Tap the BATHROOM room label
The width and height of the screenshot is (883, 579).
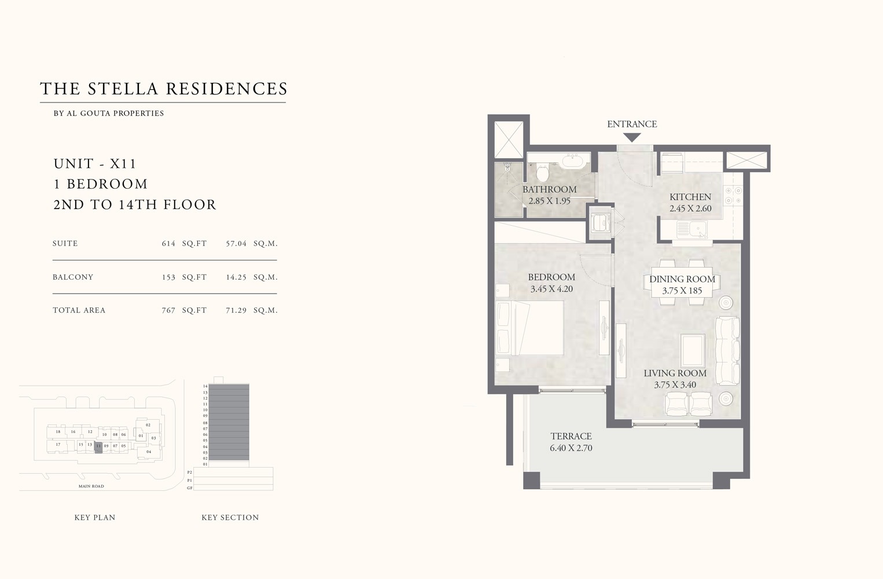click(549, 189)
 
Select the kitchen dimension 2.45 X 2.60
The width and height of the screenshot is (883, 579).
click(690, 208)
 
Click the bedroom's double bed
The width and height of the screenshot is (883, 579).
click(531, 328)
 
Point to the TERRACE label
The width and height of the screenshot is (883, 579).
click(571, 436)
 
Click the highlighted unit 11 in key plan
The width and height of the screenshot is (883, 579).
click(98, 446)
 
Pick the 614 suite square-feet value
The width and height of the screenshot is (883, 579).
click(168, 244)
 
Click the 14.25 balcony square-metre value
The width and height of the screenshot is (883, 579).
click(236, 277)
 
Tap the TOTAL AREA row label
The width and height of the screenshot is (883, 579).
click(79, 310)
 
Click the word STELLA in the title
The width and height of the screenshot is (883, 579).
click(123, 89)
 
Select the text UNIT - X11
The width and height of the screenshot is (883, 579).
click(95, 164)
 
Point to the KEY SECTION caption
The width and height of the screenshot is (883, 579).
click(230, 518)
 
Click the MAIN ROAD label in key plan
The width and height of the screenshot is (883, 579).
click(91, 486)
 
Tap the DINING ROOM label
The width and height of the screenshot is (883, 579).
click(682, 279)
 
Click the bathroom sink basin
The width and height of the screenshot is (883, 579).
click(575, 159)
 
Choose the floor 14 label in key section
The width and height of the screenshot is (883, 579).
click(205, 386)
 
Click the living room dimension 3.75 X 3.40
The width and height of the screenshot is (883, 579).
click(675, 385)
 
